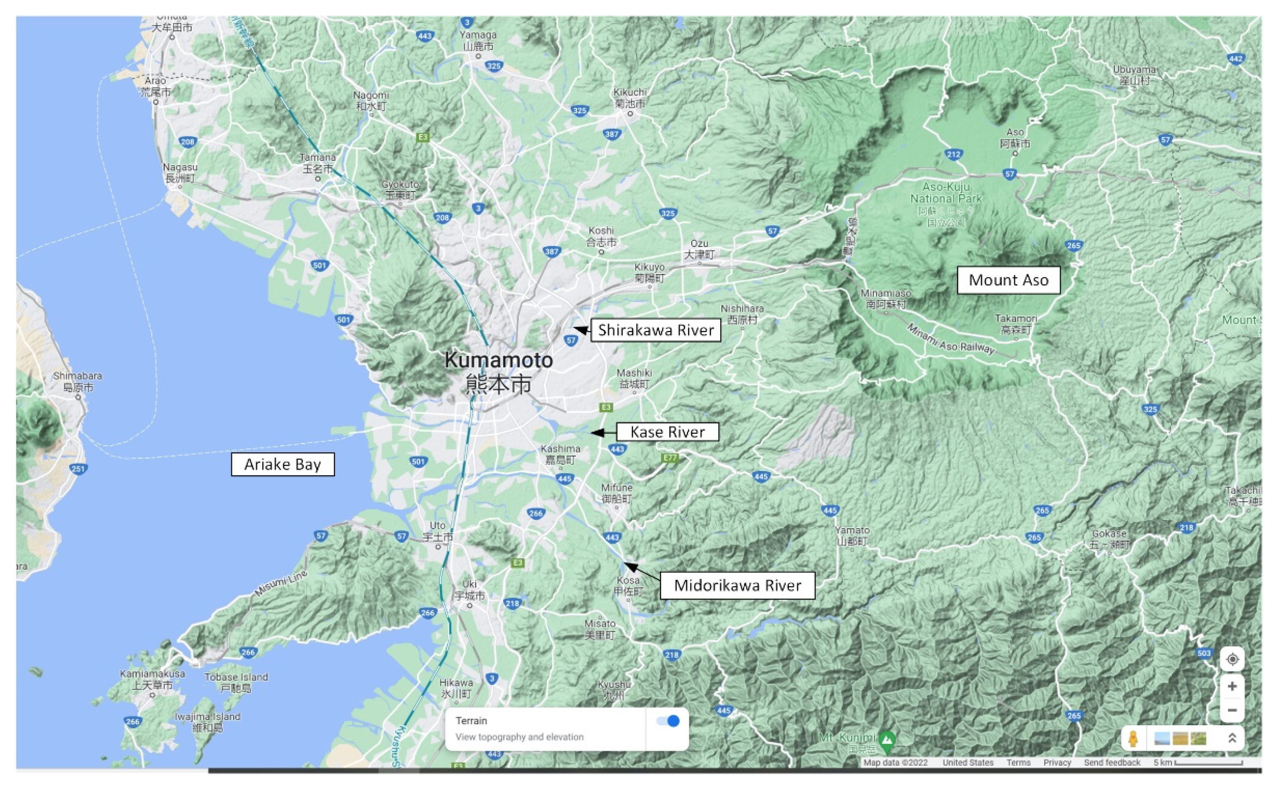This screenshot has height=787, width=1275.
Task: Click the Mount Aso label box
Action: pos(1008,281)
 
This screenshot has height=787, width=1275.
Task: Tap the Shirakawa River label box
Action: pos(656,331)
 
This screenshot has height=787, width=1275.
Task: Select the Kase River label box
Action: pos(667,432)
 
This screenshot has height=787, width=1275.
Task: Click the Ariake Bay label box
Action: pos(283,464)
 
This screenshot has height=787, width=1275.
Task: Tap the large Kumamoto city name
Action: pos(498,361)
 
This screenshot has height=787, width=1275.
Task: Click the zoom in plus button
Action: pos(1232,687)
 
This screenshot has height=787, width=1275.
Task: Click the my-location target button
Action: pos(1232,660)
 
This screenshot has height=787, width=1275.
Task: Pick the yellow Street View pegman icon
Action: pos(1133,739)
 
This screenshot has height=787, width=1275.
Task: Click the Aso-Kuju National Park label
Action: pos(945,193)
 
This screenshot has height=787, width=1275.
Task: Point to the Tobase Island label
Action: pos(236,677)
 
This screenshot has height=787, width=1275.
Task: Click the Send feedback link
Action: pos(1112,763)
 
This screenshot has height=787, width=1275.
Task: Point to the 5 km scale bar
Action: pos(1208,763)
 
